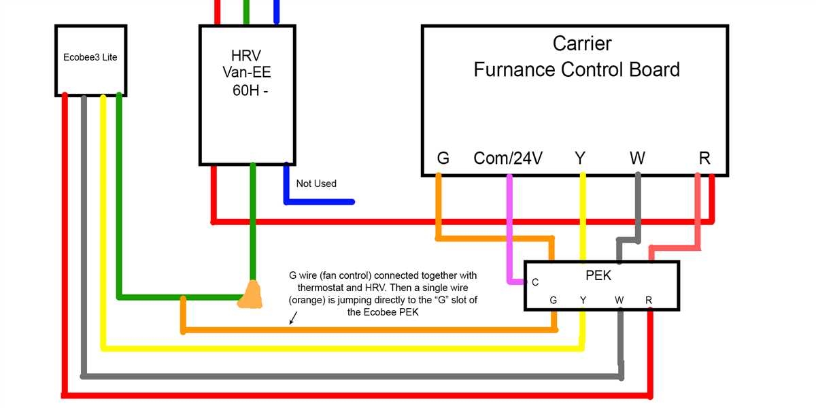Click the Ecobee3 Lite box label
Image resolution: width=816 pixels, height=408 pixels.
pyautogui.click(x=90, y=57)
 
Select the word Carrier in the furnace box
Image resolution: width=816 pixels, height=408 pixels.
pyautogui.click(x=581, y=44)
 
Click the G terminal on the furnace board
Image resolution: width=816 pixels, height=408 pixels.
pyautogui.click(x=443, y=158)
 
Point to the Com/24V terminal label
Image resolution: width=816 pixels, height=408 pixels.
pyautogui.click(x=508, y=158)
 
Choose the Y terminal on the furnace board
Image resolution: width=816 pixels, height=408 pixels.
pyautogui.click(x=580, y=158)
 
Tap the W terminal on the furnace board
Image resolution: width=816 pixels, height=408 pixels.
pyautogui.click(x=637, y=158)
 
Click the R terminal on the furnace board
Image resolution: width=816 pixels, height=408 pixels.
pyautogui.click(x=704, y=158)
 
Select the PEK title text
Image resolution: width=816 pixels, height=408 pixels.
pyautogui.click(x=598, y=275)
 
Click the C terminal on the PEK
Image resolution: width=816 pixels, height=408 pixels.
pyautogui.click(x=535, y=282)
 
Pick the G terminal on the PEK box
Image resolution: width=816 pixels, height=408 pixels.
pyautogui.click(x=554, y=300)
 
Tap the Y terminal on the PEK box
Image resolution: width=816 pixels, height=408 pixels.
pyautogui.click(x=583, y=300)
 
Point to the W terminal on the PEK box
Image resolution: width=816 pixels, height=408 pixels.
pyautogui.click(x=619, y=300)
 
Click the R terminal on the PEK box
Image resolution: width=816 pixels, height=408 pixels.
pyautogui.click(x=649, y=300)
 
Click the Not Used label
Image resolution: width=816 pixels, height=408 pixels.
pyautogui.click(x=316, y=184)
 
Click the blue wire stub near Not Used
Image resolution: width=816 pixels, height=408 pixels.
pyautogui.click(x=320, y=201)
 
